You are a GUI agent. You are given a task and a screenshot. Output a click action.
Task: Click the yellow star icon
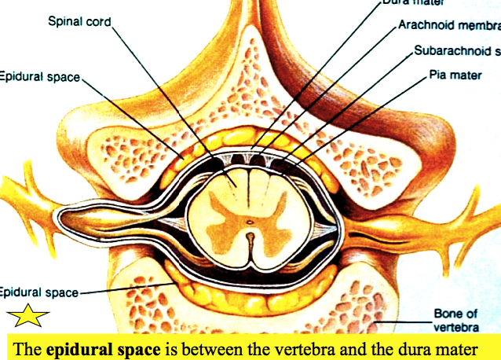tap(28, 317)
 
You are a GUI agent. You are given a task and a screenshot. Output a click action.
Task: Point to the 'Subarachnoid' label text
tap(456, 53)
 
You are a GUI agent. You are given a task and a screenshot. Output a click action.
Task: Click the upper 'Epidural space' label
tap(40, 76)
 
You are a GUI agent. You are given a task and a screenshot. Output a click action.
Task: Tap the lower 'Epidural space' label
tap(39, 292)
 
